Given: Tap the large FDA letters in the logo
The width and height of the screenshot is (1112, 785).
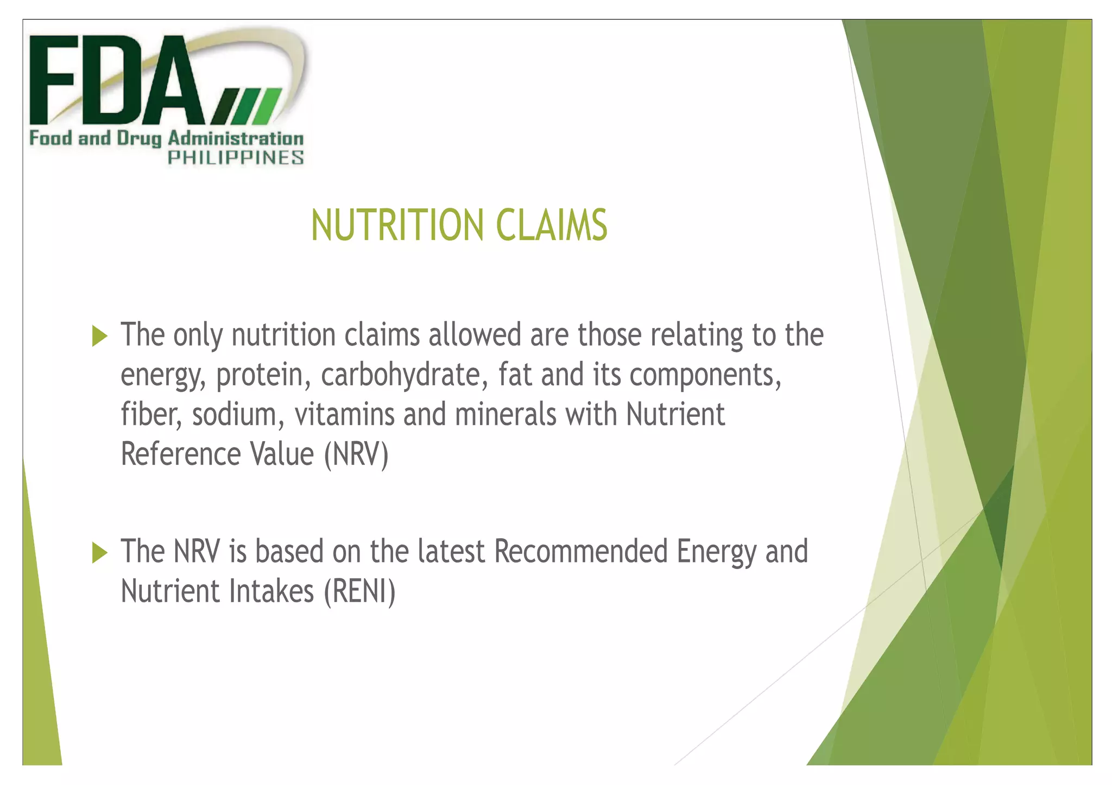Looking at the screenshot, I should (117, 81).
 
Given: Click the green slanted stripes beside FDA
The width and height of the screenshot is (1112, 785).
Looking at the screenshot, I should (247, 106).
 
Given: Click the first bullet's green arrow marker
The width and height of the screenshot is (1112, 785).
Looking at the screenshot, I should (100, 336).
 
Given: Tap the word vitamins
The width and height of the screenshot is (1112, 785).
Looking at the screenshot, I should (344, 414).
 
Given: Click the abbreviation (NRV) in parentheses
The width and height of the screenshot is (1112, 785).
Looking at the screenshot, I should (356, 454).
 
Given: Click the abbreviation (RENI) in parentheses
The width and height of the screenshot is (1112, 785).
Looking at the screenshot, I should (359, 591).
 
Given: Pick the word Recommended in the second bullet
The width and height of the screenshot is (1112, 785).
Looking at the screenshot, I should (580, 552).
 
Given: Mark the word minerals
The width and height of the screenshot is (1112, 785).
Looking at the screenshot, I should (505, 414).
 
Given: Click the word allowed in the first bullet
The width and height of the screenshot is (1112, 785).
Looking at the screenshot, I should (475, 335).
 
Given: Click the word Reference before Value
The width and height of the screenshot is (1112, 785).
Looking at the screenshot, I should (180, 454).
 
